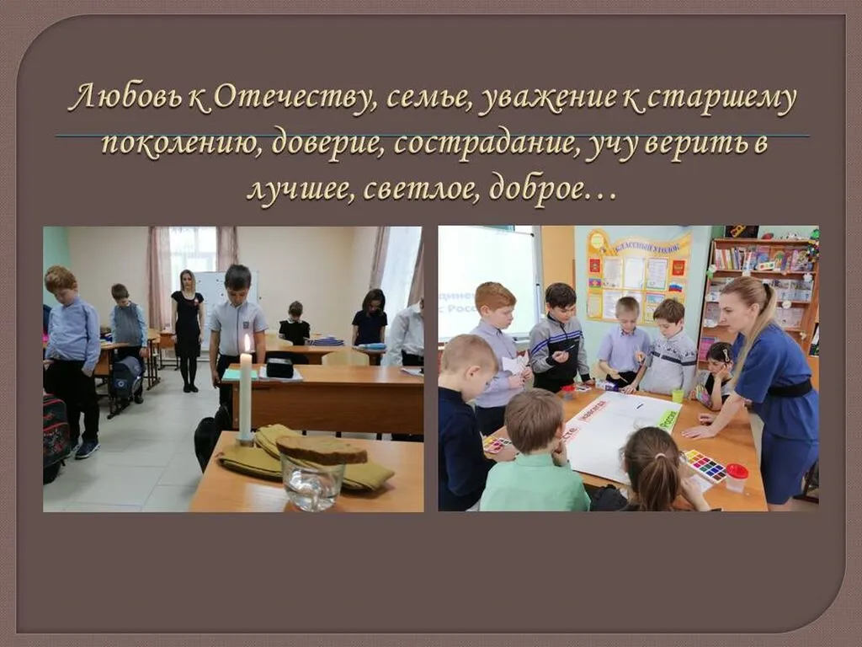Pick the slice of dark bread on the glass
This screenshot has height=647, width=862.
(x=322, y=450)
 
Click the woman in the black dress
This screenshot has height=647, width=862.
(x=187, y=324)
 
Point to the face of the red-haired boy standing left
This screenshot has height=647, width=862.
(x=61, y=285)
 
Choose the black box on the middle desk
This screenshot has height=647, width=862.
(x=279, y=367)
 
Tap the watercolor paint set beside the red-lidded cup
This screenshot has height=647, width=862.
(x=704, y=465)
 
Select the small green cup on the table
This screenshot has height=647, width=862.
(x=678, y=395)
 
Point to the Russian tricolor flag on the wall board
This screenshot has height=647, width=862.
(x=674, y=286)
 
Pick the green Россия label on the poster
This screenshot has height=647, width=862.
(x=668, y=419)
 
